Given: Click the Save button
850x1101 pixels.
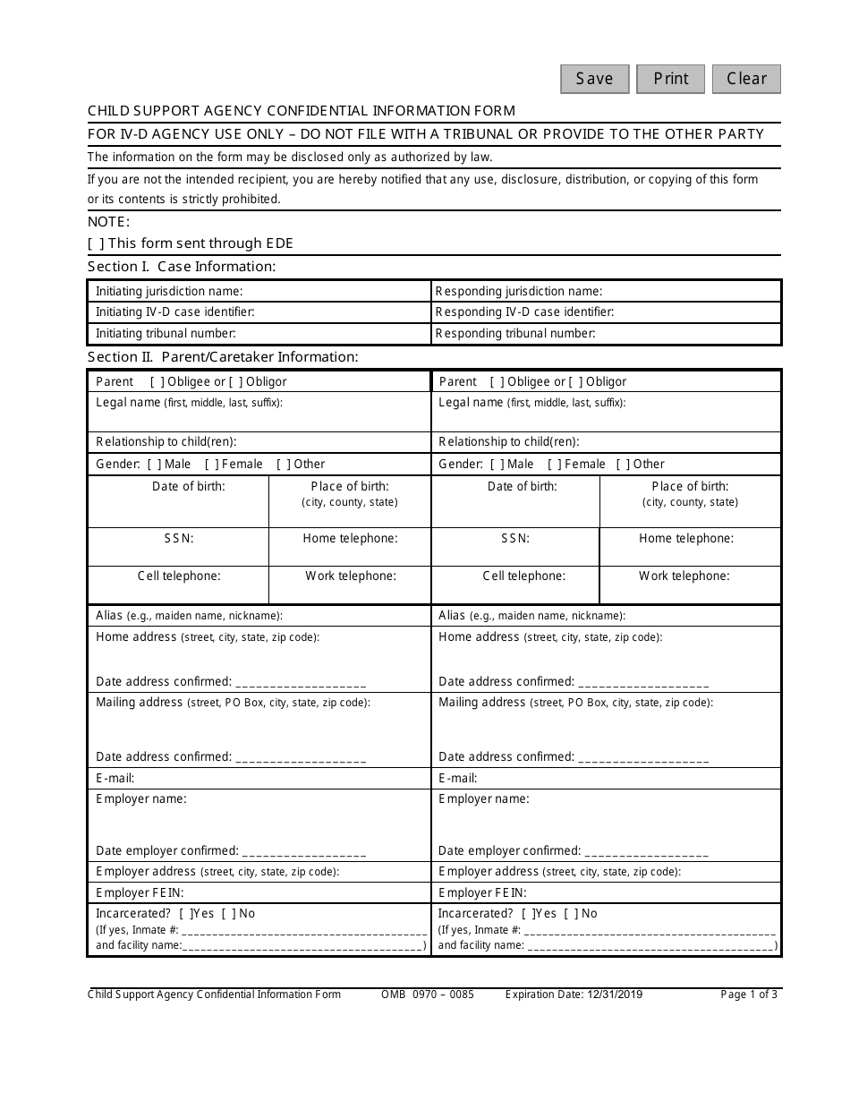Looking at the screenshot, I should pos(595,79).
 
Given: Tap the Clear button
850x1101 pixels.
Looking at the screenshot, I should pos(746,79).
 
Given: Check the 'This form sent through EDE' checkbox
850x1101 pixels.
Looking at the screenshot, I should pos(96,243).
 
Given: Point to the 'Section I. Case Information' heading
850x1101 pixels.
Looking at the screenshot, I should pos(182,267).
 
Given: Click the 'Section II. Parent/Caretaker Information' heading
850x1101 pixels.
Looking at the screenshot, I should pos(223,357).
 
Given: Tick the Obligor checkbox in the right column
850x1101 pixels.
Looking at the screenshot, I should pos(575,382).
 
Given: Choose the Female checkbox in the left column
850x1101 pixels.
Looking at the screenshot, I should pos(213,465).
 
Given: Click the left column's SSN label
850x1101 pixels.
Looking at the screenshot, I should pos(178,539).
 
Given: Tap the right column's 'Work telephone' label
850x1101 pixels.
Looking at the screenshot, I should pos(684,576).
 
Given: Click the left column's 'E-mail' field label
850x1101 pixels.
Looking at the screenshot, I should pos(115,779).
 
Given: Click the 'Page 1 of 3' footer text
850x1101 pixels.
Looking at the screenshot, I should pos(749,994).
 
